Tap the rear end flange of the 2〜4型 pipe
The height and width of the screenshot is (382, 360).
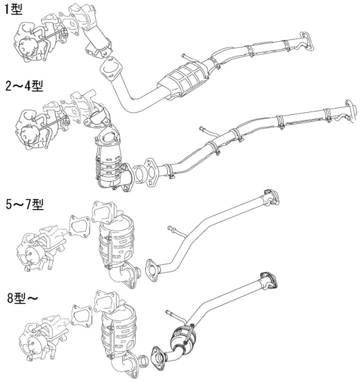351,110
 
